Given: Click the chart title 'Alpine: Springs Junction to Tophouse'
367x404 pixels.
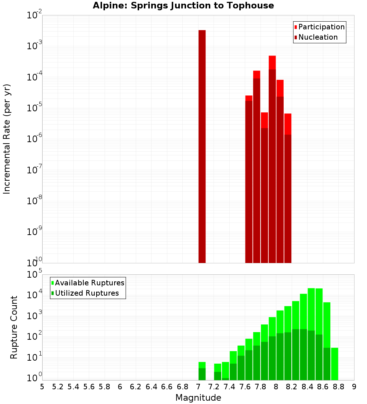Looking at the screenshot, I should pyautogui.click(x=183, y=6).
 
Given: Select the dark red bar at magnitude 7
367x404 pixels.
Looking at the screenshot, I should pyautogui.click(x=202, y=147).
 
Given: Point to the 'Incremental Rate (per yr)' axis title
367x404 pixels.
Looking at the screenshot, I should pyautogui.click(x=7, y=139).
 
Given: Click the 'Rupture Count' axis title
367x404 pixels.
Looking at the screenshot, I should pyautogui.click(x=14, y=327).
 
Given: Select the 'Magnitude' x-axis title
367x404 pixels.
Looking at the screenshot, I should pyautogui.click(x=198, y=397).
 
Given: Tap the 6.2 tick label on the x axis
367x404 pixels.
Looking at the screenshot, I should pyautogui.click(x=136, y=387).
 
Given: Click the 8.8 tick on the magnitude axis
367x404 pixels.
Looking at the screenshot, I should pyautogui.click(x=338, y=387).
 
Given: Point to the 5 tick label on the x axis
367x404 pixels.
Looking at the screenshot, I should pyautogui.click(x=42, y=387).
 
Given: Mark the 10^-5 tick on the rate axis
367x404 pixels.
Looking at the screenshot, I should pyautogui.click(x=35, y=108).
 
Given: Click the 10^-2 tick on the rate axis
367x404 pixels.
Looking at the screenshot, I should pyautogui.click(x=35, y=15).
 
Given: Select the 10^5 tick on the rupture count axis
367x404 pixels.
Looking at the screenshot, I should pyautogui.click(x=35, y=274).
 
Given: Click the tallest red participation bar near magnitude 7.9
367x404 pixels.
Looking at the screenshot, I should pyautogui.click(x=272, y=62).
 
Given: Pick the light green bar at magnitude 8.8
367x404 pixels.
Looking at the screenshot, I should pyautogui.click(x=334, y=364).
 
